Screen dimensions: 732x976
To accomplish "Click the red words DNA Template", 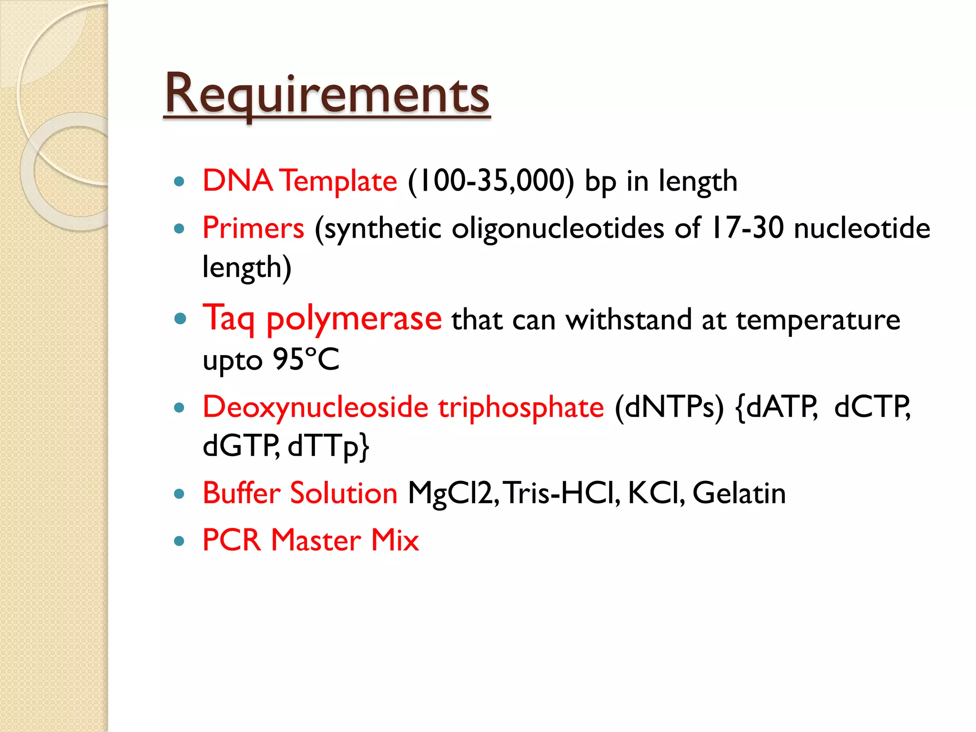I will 300,181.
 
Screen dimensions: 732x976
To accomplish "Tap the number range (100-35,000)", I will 491,181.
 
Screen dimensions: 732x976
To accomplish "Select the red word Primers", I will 253,228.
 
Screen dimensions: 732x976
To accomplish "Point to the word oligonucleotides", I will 558,228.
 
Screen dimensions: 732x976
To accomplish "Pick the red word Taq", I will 229,318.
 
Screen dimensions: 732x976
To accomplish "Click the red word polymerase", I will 354,318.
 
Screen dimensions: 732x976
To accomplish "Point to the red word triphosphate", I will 521,407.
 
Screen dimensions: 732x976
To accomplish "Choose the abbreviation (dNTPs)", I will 669,407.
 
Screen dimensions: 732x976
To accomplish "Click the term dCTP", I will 872,407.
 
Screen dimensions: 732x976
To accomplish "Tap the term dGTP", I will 241,446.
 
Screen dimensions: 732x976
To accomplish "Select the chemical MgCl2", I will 453,493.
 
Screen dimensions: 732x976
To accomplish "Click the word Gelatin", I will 739,493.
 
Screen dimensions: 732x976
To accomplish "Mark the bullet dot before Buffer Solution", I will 179,494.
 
